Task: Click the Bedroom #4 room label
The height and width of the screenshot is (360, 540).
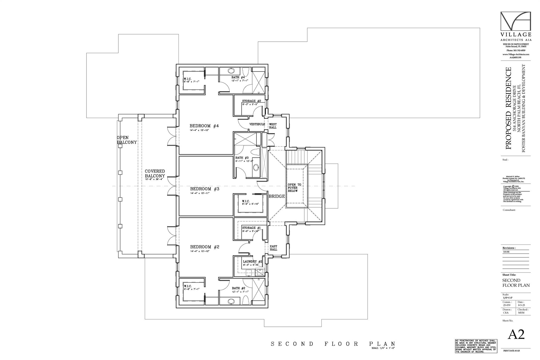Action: [x=204, y=126]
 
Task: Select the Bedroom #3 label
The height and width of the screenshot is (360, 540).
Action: [x=205, y=189]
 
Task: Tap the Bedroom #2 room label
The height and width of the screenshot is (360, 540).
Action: [x=205, y=247]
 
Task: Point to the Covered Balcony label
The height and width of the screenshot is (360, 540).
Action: [x=155, y=174]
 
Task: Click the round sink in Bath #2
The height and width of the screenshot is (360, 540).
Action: [x=231, y=301]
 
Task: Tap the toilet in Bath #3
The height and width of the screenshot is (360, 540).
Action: [x=255, y=153]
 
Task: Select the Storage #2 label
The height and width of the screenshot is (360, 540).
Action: [x=251, y=101]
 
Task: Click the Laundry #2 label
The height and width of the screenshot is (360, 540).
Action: [x=252, y=262]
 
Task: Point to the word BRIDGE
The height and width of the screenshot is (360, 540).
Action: [x=277, y=196]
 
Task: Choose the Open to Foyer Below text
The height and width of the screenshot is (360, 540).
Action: [x=294, y=188]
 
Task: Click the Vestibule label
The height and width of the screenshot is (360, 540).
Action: [x=257, y=124]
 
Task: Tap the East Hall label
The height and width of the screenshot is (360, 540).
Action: [x=273, y=248]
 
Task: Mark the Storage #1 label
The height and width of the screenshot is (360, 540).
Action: [x=251, y=228]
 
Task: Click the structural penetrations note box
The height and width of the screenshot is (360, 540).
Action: [x=476, y=346]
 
